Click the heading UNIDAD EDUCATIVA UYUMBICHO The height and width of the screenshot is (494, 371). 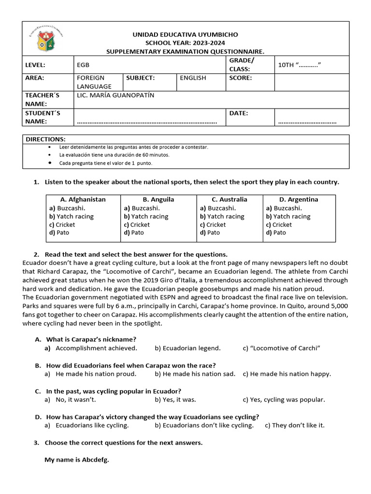pos(185,35)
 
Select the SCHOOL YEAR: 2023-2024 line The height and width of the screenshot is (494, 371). pos(185,43)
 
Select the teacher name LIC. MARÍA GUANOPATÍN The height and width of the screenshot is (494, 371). pos(115,95)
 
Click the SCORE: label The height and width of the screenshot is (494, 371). pos(241,78)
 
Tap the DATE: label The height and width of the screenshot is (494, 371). pos(239,113)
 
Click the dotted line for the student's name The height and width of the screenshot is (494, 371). pos(147,122)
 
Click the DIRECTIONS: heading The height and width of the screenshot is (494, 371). pos(45,139)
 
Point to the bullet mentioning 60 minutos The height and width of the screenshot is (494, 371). pos(114,155)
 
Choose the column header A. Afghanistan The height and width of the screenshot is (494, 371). pos(83,199)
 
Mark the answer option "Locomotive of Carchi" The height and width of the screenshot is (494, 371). pos(282,348)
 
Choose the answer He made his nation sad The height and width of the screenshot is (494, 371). pos(195,374)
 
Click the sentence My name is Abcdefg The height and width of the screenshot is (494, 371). pos(77,460)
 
